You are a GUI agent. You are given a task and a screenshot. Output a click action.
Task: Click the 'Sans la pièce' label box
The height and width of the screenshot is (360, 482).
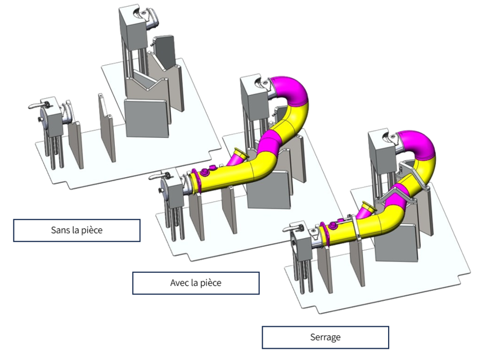[x=76, y=231]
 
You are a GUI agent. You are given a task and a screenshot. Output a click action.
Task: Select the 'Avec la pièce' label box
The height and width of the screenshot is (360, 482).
[x=196, y=283]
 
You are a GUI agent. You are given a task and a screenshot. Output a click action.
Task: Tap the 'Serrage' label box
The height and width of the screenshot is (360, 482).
[x=325, y=337]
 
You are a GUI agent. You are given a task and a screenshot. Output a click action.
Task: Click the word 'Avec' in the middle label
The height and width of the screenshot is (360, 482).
[x=179, y=283]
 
